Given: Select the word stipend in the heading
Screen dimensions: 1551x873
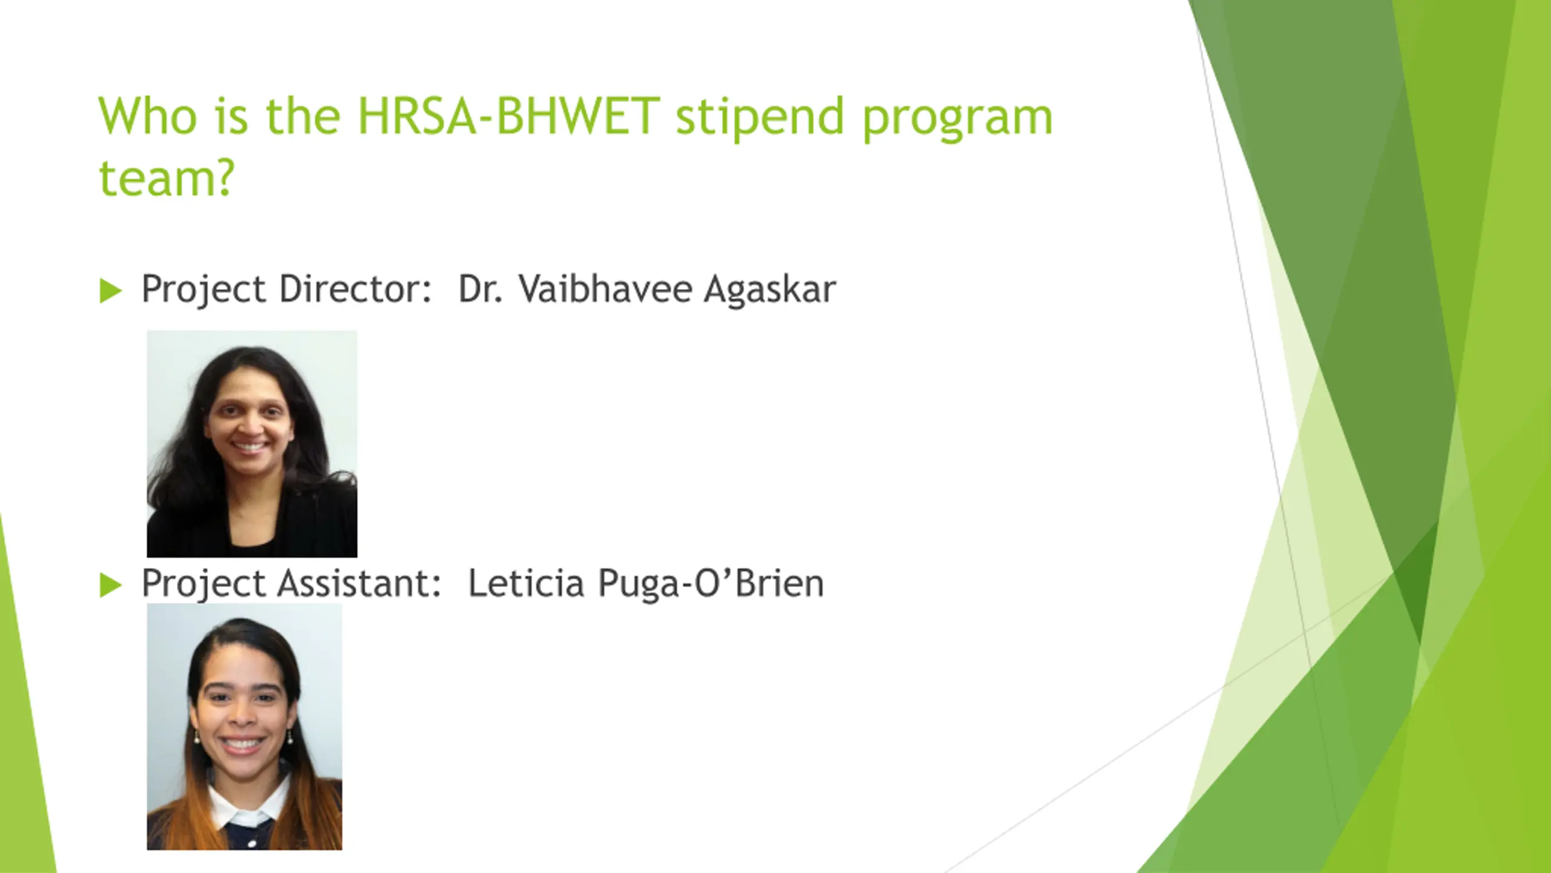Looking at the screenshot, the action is [760, 118].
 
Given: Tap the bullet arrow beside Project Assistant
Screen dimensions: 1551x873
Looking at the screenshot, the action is [110, 585].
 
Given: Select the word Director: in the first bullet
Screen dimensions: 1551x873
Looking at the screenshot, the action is [355, 289].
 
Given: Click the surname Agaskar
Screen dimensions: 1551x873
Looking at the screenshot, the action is [770, 290].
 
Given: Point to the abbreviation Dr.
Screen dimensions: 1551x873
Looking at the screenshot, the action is [480, 289].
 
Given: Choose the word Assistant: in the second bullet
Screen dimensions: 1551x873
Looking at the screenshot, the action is [359, 583].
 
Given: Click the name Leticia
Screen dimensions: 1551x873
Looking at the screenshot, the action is [526, 583].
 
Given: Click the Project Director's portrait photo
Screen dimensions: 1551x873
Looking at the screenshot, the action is [252, 444].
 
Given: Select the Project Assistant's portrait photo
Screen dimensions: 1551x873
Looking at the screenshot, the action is [244, 726].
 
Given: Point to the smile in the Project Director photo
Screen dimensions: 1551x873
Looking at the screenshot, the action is [249, 447].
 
